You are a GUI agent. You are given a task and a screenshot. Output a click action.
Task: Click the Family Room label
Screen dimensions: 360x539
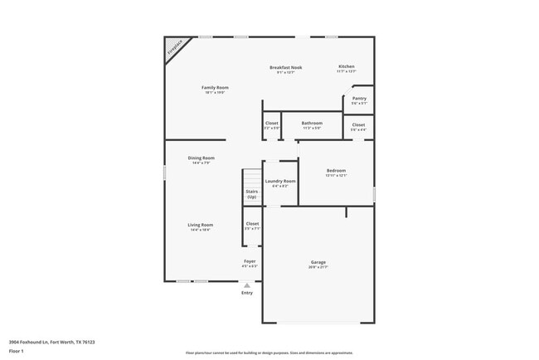click(x=215, y=87)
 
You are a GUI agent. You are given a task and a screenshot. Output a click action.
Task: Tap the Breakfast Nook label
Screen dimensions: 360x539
click(x=286, y=67)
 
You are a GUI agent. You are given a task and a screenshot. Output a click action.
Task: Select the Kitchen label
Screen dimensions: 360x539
click(x=346, y=66)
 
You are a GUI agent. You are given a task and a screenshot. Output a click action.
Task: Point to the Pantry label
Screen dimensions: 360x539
click(x=359, y=98)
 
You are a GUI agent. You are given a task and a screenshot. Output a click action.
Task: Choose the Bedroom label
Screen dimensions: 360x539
click(x=336, y=170)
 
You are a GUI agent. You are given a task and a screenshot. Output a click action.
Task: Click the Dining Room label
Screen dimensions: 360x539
click(x=201, y=158)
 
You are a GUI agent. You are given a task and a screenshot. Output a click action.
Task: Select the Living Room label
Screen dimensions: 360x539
click(x=201, y=225)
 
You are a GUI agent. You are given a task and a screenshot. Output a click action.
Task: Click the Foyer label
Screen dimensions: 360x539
click(x=250, y=261)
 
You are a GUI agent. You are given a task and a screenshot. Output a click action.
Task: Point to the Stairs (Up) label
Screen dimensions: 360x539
click(x=251, y=194)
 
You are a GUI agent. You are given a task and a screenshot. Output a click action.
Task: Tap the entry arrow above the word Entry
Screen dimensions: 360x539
click(x=246, y=285)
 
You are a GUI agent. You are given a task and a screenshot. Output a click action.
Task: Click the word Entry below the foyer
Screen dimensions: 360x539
click(x=246, y=293)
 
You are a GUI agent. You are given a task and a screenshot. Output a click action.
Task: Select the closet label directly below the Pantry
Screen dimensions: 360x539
click(x=358, y=125)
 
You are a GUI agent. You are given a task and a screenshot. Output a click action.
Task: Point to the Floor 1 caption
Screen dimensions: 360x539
click(x=17, y=351)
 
